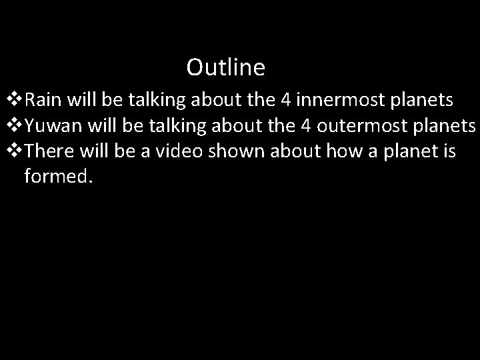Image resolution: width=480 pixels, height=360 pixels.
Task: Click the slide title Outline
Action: pos(225,67)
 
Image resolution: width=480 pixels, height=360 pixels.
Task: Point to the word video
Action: pos(179,151)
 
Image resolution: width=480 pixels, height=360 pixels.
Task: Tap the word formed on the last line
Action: pos(55,177)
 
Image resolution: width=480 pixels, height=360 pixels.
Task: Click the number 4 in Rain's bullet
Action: pos(285,101)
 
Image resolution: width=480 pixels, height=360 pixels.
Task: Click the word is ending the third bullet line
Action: pos(448,151)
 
